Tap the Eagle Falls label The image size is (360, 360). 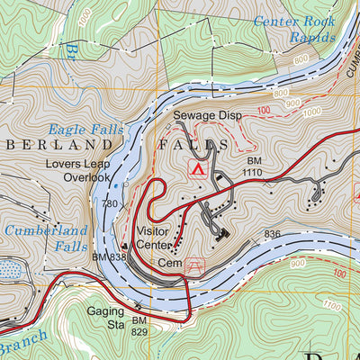pos(79,130)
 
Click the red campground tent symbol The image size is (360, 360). pos(195,168)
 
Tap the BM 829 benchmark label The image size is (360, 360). pos(139,327)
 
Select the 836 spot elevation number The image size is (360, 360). pos(272,234)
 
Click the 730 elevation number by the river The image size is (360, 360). pos(110,205)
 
